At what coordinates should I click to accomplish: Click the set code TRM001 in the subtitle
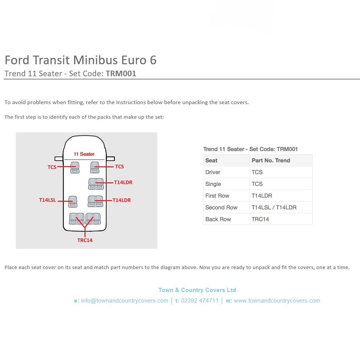pyautogui.click(x=121, y=74)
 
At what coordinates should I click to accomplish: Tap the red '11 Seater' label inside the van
pyautogui.click(x=84, y=154)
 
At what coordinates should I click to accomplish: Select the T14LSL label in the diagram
pyautogui.click(x=47, y=200)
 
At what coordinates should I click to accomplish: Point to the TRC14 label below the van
pyautogui.click(x=85, y=241)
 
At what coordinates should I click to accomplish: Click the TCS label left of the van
pyautogui.click(x=52, y=167)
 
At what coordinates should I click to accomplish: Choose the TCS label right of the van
pyautogui.click(x=119, y=166)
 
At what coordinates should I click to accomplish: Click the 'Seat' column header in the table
pyautogui.click(x=211, y=160)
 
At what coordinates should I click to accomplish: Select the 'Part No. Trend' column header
pyautogui.click(x=271, y=160)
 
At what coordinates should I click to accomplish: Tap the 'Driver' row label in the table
pyautogui.click(x=213, y=172)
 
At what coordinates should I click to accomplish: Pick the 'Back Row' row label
pyautogui.click(x=218, y=219)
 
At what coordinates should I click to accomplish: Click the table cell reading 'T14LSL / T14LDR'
pyautogui.click(x=274, y=207)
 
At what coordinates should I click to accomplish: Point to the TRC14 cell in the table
pyautogui.click(x=260, y=219)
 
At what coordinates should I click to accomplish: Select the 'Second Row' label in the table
pyautogui.click(x=221, y=207)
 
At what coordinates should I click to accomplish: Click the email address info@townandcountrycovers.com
pyautogui.click(x=124, y=301)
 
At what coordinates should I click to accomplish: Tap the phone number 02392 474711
pyautogui.click(x=199, y=301)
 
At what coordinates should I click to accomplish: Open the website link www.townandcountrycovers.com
pyautogui.click(x=277, y=301)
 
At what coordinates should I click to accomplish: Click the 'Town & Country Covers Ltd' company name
pyautogui.click(x=197, y=290)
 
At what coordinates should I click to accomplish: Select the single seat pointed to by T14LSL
pyautogui.click(x=72, y=202)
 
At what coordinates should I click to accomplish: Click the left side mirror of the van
pyautogui.click(x=59, y=159)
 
